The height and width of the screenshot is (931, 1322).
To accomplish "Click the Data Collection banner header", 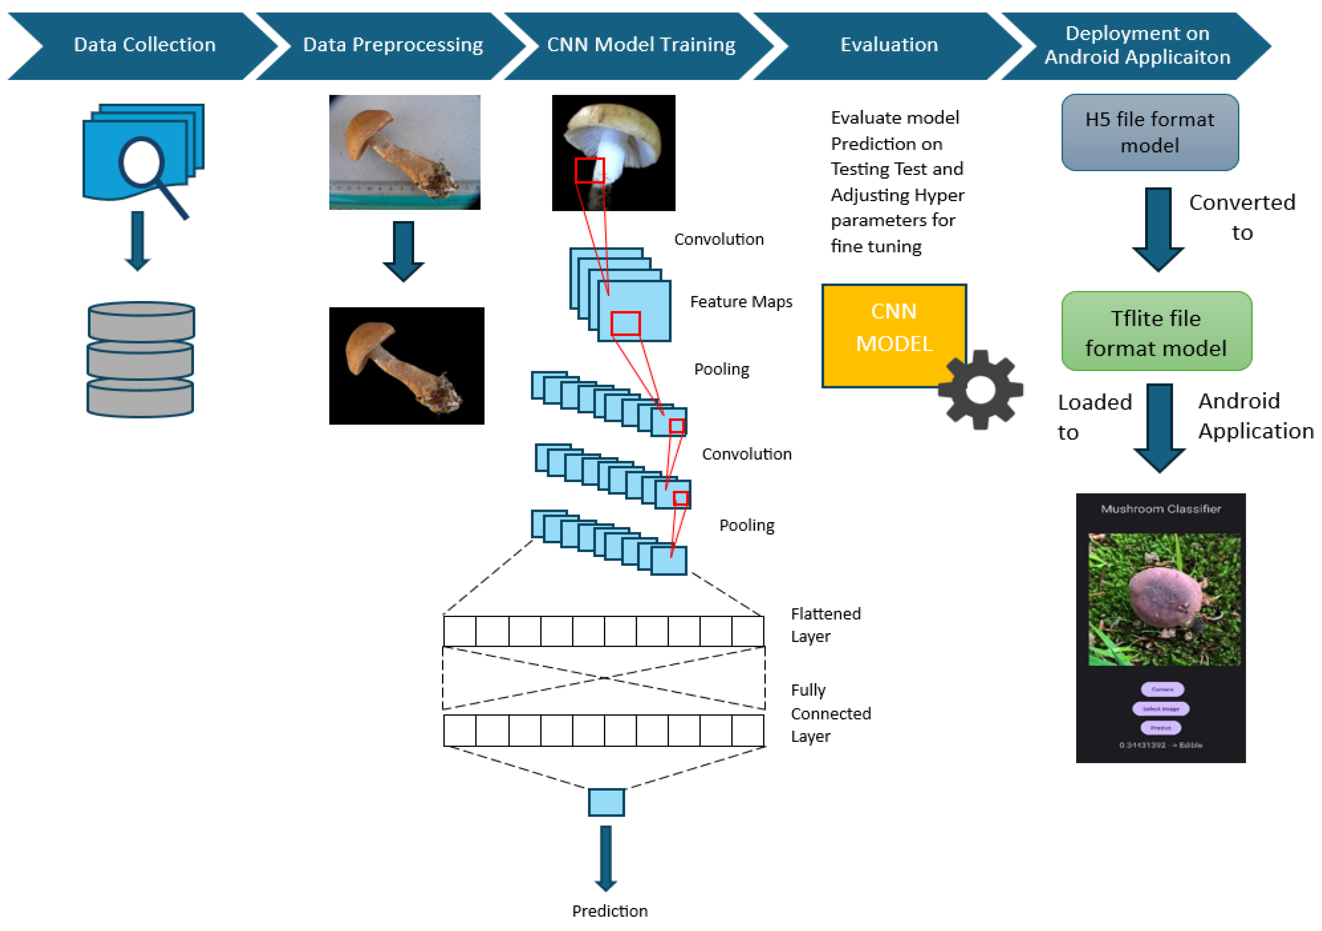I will [x=144, y=45].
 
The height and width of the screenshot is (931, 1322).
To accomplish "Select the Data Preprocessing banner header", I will [x=393, y=45].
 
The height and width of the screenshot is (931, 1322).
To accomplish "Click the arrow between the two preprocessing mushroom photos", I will [x=403, y=251].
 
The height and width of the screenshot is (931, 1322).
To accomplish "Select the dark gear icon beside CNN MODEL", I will [x=980, y=390].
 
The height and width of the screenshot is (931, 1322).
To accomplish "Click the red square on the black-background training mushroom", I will [x=589, y=170].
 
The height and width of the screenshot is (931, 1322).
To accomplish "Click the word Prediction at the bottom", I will [x=609, y=910].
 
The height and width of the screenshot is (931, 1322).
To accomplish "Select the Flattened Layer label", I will [x=825, y=625].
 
